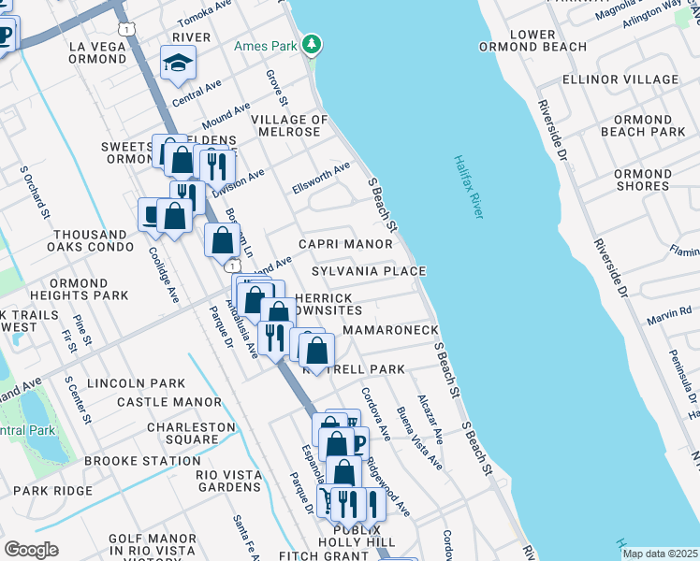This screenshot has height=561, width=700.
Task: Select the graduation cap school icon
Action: click(178, 63)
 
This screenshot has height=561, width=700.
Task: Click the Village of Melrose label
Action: click(289, 126)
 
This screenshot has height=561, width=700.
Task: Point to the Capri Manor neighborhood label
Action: click(345, 244)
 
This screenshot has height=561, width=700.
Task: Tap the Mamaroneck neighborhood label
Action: click(390, 331)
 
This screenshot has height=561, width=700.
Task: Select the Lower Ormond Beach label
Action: click(548, 40)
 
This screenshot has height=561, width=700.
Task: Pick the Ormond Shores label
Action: click(642, 180)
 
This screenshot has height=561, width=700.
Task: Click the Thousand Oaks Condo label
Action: click(90, 241)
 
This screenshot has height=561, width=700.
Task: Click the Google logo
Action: click(31, 550)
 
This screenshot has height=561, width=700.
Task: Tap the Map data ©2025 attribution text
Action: click(659, 554)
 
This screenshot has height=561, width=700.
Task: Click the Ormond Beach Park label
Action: click(642, 126)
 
